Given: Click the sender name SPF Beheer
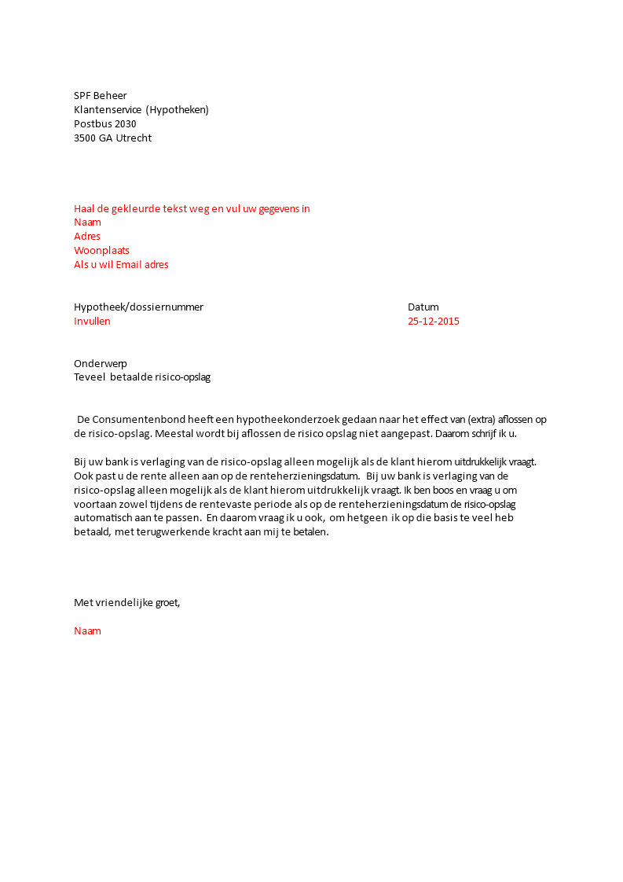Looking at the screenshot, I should (x=100, y=96).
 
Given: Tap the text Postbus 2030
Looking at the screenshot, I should (x=104, y=124).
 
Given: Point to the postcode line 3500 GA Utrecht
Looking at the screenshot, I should (x=112, y=138).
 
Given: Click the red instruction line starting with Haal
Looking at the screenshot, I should (x=192, y=208).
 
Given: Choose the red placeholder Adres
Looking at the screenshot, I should (x=87, y=236).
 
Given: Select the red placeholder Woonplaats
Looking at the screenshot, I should (x=101, y=250).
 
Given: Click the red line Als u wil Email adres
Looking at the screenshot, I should (x=121, y=264).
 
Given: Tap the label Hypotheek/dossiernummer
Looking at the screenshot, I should (x=138, y=307).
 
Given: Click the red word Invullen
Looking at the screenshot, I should (x=92, y=321).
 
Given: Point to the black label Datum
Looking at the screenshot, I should (x=423, y=307).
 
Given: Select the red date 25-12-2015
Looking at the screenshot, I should (x=434, y=321).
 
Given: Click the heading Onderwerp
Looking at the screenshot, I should (x=101, y=363).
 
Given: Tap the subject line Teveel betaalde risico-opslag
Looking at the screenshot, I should (x=142, y=377).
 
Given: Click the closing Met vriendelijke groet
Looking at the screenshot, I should (x=127, y=603).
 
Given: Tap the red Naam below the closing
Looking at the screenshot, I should (x=87, y=630).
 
